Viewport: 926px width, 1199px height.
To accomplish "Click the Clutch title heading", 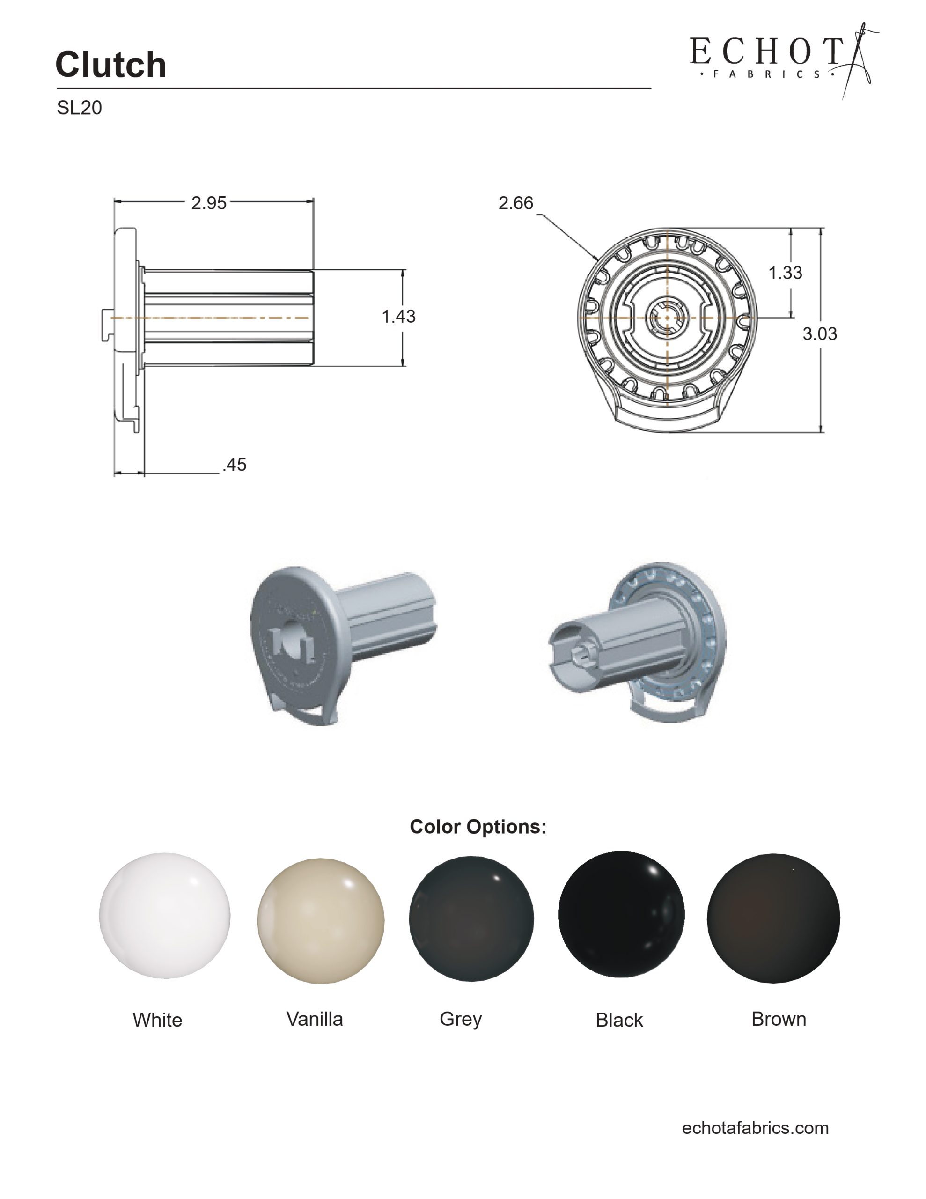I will (x=110, y=64).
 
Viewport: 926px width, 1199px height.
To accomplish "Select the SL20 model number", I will (x=79, y=108).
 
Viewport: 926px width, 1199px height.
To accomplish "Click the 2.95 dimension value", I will (x=209, y=203).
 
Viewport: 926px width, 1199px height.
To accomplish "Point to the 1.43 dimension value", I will (x=398, y=316).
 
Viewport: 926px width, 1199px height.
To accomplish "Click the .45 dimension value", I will (x=235, y=465).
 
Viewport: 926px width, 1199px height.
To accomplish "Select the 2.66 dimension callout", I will (x=515, y=203).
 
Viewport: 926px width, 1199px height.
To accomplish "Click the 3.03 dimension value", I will (x=820, y=333).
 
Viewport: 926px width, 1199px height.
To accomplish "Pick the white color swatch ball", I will (x=165, y=916).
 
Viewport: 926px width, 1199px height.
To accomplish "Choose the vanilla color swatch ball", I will (x=321, y=921).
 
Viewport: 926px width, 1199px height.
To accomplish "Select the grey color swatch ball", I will (x=471, y=918).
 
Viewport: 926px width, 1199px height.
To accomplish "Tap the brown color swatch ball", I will (x=773, y=918).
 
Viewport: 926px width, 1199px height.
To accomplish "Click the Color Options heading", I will (x=478, y=827).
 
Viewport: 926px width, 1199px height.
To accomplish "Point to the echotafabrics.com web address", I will (x=755, y=1128).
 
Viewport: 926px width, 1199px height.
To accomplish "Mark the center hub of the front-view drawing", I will (x=667, y=318).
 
